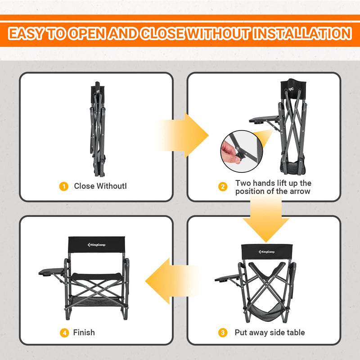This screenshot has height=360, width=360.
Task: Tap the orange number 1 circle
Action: (x=64, y=186)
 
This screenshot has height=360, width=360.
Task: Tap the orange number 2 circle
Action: (x=223, y=186)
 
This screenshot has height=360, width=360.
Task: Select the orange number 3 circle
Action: (x=222, y=333)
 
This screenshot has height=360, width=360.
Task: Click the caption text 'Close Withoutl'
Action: (x=100, y=186)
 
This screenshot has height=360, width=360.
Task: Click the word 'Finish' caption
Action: (x=84, y=333)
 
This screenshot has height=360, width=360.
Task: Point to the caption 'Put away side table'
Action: (x=270, y=333)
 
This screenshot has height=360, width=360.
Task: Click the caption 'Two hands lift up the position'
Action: (x=273, y=187)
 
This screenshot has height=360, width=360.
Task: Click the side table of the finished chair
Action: (x=52, y=273)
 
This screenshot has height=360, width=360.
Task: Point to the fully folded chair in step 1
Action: (x=97, y=130)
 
